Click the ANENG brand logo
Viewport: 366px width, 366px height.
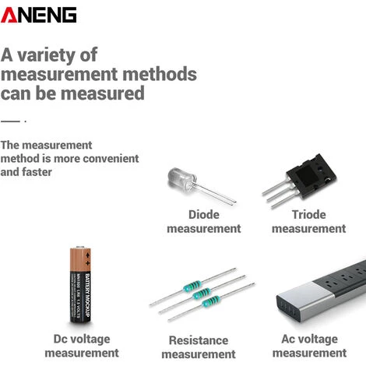coord(39,14)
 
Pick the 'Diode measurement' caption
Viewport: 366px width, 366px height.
coord(204,222)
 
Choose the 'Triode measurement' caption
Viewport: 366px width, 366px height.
coord(308,222)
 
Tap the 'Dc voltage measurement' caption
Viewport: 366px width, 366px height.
coord(82,346)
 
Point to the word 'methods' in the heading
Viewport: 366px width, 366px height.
coord(160,75)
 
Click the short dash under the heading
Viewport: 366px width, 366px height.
coord(10,121)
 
